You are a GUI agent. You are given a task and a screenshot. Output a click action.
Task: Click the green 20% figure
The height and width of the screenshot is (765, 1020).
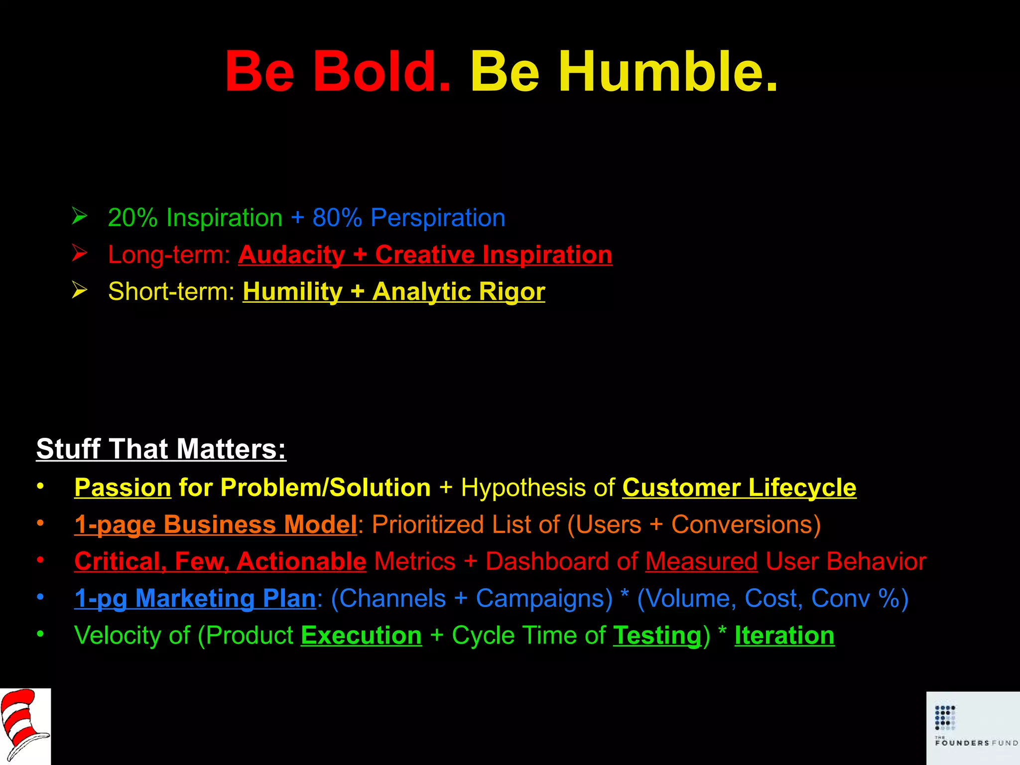(x=132, y=218)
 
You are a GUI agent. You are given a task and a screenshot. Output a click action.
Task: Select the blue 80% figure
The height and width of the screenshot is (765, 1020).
(x=337, y=218)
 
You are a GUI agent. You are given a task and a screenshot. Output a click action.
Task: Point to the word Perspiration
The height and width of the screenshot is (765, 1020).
(x=438, y=218)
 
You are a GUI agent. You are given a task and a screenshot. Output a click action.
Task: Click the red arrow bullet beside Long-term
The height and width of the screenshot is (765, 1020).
(x=80, y=253)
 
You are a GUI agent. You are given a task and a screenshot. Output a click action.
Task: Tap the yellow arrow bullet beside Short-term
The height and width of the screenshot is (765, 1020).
(x=80, y=290)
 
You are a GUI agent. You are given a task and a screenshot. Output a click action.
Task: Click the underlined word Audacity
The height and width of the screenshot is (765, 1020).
(x=291, y=255)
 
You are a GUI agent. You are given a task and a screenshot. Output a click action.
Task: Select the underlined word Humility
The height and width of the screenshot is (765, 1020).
(x=292, y=292)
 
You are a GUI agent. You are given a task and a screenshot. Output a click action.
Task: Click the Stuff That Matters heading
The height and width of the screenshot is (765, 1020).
(x=161, y=449)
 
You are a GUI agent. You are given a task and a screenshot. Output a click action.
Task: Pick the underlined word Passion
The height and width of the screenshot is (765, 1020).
(x=123, y=488)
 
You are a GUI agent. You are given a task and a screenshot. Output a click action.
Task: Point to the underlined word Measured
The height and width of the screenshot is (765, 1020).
(x=701, y=561)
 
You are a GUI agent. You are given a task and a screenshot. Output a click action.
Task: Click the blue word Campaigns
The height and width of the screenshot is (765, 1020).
(x=544, y=598)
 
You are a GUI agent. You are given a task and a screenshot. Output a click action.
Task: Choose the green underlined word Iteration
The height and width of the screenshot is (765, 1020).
(x=784, y=636)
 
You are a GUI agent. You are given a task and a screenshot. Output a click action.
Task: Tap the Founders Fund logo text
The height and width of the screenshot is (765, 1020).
(x=975, y=743)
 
